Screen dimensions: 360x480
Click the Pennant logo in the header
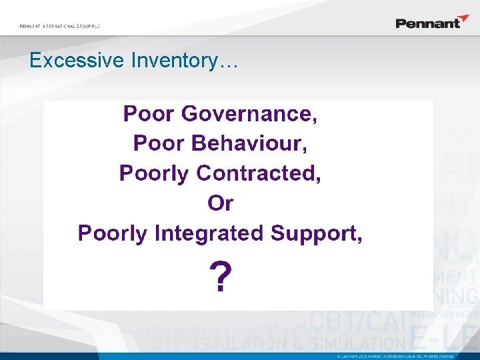(428, 23)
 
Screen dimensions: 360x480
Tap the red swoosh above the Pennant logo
(462, 17)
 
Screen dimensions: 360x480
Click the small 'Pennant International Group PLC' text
(59, 26)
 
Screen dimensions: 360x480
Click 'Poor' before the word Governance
(149, 114)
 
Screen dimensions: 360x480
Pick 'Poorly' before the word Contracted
(154, 173)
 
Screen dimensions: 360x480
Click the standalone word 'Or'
(221, 203)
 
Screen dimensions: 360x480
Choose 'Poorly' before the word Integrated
(113, 233)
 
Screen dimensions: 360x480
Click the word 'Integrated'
(209, 233)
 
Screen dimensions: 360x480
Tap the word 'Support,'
(316, 233)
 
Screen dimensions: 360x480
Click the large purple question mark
(221, 277)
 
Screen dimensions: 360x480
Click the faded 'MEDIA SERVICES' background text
(444, 314)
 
